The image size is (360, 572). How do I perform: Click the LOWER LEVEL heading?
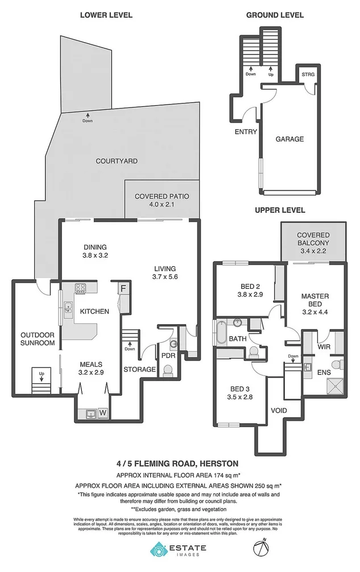[106, 15]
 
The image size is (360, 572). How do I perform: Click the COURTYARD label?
[117, 161]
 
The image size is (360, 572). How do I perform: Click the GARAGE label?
[289, 139]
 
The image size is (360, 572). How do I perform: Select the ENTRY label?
[246, 132]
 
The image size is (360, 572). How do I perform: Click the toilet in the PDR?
[168, 371]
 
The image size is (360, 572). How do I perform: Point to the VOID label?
[278, 411]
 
